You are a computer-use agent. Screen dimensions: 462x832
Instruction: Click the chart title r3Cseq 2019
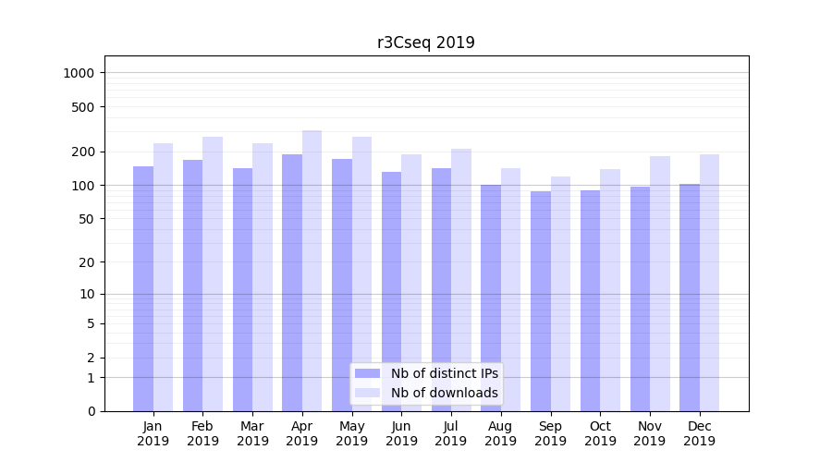(425, 43)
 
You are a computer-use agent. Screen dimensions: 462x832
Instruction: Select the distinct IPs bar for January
(143, 288)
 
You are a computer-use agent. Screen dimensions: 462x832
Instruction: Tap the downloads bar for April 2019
(312, 270)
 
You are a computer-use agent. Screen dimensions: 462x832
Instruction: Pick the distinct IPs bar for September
(541, 300)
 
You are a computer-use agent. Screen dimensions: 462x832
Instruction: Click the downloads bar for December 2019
(709, 282)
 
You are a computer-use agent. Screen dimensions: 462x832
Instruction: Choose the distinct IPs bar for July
(441, 289)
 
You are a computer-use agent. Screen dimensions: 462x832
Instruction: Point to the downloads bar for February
(213, 274)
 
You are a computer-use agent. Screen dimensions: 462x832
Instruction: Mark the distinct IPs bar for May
(342, 285)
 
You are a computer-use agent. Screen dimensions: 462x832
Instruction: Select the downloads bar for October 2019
(610, 289)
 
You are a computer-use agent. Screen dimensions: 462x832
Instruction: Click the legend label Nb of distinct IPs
(444, 373)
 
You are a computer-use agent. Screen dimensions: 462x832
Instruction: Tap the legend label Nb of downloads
(444, 393)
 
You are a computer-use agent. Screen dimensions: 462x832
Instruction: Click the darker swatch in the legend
(368, 373)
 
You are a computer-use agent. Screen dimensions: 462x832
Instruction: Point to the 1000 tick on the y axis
(80, 73)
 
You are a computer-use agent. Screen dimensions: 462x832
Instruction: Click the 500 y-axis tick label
(84, 107)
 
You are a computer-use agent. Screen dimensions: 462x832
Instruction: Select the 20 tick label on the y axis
(88, 262)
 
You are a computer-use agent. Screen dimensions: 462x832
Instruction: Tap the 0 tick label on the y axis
(91, 411)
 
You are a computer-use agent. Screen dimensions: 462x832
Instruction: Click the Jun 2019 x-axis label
(401, 433)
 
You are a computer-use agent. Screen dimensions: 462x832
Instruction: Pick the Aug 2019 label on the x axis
(501, 433)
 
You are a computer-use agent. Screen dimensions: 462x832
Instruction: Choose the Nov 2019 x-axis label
(650, 433)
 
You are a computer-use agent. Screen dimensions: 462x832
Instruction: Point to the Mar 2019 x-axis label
(252, 433)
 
